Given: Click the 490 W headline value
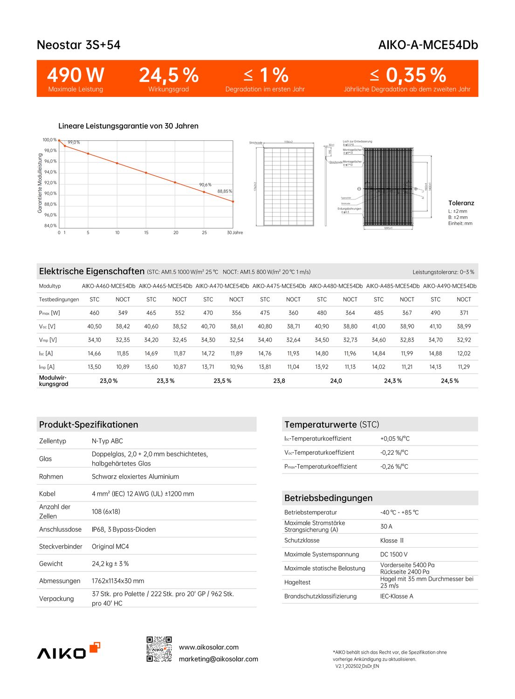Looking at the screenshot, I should click(x=76, y=75).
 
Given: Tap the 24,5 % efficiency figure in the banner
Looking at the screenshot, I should click(x=169, y=75).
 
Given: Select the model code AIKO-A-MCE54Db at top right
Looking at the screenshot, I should click(x=428, y=45).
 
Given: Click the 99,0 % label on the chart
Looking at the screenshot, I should click(x=74, y=143).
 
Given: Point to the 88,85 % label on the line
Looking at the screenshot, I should click(x=225, y=192).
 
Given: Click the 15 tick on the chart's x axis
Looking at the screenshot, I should click(x=146, y=233).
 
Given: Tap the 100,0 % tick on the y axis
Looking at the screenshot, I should click(x=49, y=140).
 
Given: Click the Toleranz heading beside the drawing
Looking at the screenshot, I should click(x=461, y=203).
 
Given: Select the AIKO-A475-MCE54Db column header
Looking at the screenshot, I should click(x=279, y=286).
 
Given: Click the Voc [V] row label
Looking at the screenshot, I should click(x=47, y=327).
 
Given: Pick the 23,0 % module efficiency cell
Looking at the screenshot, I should click(x=109, y=381).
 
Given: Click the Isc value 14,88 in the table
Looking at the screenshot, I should click(x=435, y=354).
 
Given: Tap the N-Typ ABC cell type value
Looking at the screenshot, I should click(x=107, y=441).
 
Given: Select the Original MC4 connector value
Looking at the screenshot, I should click(x=110, y=547).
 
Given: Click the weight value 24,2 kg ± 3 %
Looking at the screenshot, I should click(x=110, y=564).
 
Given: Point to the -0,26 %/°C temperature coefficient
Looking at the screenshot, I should click(x=394, y=466).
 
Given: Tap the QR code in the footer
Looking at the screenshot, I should click(x=159, y=649).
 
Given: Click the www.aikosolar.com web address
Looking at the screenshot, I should click(x=209, y=647).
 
